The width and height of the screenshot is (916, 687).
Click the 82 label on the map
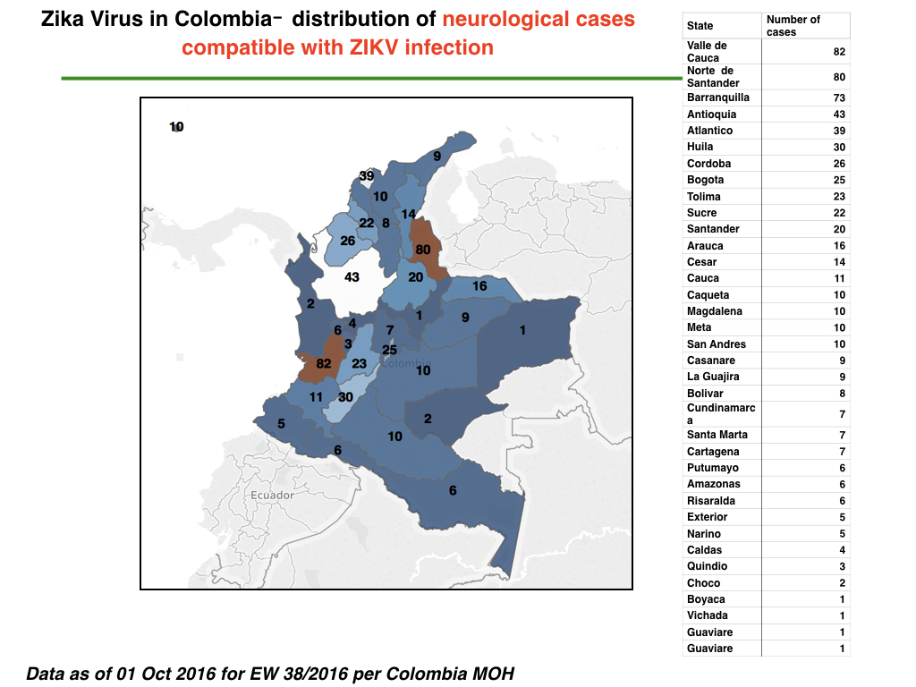[x=324, y=363]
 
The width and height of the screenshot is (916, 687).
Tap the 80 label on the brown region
[x=423, y=250]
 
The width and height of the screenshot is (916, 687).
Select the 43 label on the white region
[x=352, y=277]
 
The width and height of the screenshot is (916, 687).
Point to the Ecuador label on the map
[x=272, y=496]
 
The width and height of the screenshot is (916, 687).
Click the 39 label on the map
[x=366, y=176]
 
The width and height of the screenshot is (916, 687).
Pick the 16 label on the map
[x=479, y=285]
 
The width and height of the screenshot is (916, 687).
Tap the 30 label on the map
[x=345, y=397]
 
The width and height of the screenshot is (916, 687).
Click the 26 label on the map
[x=348, y=241]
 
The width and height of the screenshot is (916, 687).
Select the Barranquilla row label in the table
[x=718, y=98]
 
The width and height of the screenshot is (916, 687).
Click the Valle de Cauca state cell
[x=707, y=51]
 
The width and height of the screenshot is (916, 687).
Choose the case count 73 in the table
[x=839, y=98]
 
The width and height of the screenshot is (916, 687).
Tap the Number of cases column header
[x=793, y=26]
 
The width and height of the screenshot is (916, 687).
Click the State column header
[x=700, y=26]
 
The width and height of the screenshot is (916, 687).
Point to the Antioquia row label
[x=711, y=114]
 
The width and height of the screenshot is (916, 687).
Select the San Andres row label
[x=717, y=344]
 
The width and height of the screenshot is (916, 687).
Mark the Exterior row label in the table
[x=707, y=517]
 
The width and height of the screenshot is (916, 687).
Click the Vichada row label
[x=707, y=615]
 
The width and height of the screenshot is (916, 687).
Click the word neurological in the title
[x=506, y=20]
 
